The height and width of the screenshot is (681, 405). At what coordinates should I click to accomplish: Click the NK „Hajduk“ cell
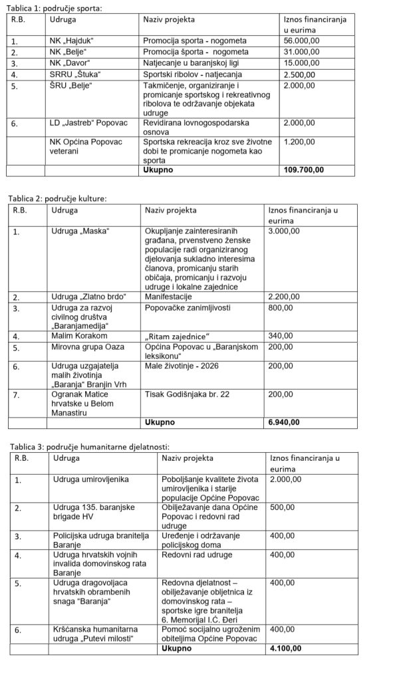72,41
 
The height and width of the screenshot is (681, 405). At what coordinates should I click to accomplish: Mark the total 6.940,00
283,422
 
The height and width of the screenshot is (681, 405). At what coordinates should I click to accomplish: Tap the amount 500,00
282,507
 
